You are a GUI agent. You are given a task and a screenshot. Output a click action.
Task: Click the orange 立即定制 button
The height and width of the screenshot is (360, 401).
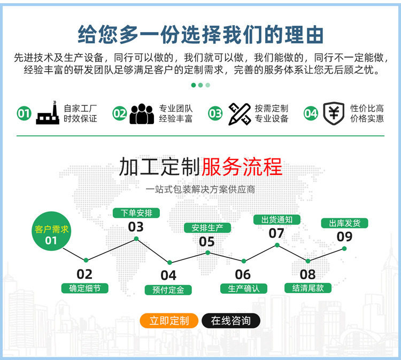(168, 320)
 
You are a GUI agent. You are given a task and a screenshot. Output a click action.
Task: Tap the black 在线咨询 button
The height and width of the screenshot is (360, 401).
(230, 320)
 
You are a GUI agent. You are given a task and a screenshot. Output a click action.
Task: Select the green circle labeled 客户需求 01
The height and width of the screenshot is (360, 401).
(51, 234)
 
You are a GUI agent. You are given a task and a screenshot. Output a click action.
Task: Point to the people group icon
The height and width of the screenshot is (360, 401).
(142, 113)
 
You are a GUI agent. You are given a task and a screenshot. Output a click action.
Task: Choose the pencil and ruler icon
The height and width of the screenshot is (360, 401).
(239, 113)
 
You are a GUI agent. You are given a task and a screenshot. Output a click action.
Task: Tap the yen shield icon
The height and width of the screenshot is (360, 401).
(334, 113)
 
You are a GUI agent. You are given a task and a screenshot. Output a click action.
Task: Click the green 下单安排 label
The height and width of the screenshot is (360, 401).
(136, 212)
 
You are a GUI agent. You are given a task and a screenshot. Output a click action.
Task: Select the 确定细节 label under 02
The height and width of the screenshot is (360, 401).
(85, 288)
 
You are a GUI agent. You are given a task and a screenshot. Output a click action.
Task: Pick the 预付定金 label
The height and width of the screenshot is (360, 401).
(168, 290)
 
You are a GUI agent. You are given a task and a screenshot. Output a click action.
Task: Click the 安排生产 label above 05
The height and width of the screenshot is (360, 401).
(207, 227)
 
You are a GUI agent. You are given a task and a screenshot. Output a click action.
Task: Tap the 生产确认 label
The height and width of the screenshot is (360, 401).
(243, 288)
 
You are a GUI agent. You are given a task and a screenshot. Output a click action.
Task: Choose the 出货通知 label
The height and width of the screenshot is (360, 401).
(276, 219)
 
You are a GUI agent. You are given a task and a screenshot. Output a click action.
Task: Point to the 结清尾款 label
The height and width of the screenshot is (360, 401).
(307, 288)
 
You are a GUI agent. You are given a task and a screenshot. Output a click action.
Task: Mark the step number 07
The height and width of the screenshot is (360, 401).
(276, 233)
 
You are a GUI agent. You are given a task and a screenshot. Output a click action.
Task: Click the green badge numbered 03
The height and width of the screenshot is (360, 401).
(215, 113)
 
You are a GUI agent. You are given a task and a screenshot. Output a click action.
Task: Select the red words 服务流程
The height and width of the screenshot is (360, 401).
(242, 167)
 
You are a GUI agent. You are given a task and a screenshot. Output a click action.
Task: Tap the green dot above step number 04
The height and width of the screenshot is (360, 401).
(169, 263)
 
